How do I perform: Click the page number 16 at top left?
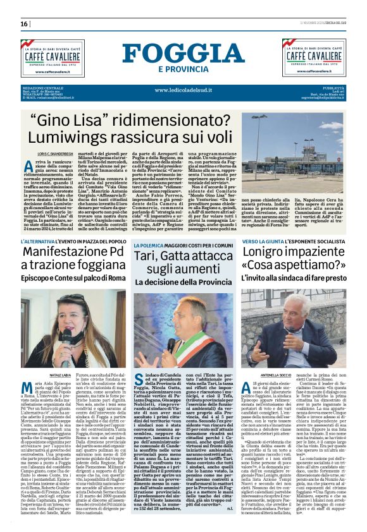[x=25, y=24]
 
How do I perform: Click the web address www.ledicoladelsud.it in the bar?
[x=183, y=89]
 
